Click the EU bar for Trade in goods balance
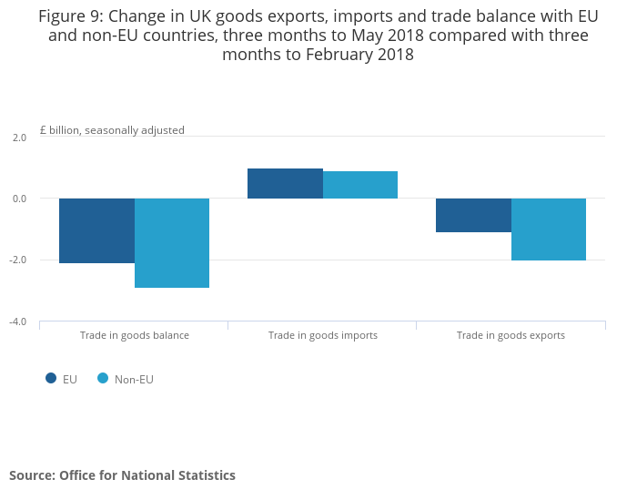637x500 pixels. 96,230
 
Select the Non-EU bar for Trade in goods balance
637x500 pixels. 172,243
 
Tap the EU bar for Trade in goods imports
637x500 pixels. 285,183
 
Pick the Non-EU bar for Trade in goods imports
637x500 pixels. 360,185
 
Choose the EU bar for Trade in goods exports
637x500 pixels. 473,215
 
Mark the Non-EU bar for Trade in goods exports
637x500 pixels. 549,230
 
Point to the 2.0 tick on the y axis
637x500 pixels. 19,137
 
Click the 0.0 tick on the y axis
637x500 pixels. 19,199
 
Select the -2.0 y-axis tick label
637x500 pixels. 18,260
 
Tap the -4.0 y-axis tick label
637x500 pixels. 18,321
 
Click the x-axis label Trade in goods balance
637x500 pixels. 135,335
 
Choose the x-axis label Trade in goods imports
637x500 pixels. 323,335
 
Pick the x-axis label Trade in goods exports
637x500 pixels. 511,335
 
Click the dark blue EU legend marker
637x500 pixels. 51,379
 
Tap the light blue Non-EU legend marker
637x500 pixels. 103,379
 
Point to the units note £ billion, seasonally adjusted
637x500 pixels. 112,130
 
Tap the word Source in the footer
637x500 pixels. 30,475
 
